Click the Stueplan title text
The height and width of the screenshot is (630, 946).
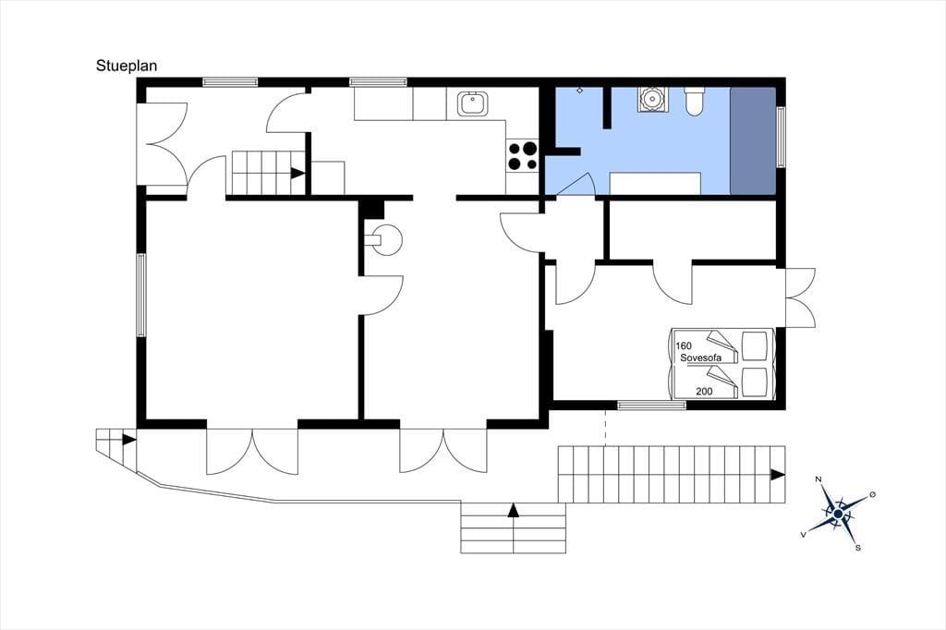coord(126,66)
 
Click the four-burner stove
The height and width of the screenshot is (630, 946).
coord(523,155)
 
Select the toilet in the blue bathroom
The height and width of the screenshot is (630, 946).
coord(694,101)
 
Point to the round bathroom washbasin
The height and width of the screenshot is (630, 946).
coord(651,99)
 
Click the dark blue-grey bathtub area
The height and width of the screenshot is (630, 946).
coord(753,140)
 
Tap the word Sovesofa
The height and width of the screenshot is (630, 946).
coord(700,357)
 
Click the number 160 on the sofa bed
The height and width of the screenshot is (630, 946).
coord(684,345)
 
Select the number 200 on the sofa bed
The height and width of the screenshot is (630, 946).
coord(704,391)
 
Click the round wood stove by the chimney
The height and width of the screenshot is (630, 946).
coord(385,239)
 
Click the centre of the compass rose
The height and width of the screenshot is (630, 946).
coord(837,514)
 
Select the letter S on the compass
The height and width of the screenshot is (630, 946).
coord(857,548)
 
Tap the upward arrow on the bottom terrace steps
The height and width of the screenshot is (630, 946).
coord(513,510)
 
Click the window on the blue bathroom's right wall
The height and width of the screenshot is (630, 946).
coord(781,137)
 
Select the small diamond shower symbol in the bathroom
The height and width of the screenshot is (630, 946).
coord(580,91)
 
